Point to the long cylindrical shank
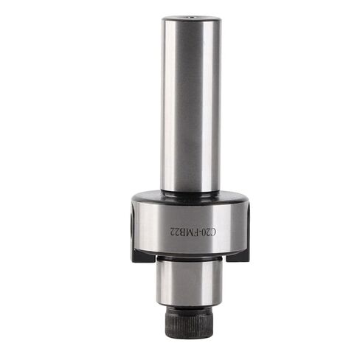[191, 103]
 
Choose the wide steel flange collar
[190, 225]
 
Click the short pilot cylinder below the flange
[190, 280]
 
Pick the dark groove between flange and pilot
[190, 257]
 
